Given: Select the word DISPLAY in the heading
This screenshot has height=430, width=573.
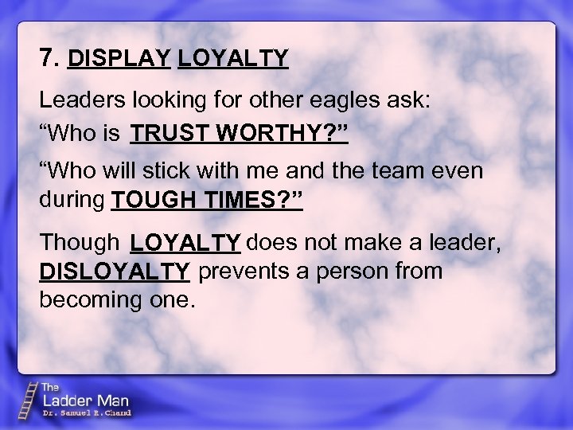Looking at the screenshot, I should point(119,58).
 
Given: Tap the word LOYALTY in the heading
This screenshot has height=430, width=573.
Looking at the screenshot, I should point(233,58).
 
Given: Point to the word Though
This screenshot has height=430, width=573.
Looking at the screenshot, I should point(78,241).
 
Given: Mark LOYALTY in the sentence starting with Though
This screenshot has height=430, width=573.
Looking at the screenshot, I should point(185,242).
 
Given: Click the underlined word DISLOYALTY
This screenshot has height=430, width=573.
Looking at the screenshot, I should point(115,272).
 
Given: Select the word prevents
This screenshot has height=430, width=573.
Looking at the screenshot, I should point(242,272).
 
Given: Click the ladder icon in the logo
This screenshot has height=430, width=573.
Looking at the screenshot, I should point(29,399).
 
